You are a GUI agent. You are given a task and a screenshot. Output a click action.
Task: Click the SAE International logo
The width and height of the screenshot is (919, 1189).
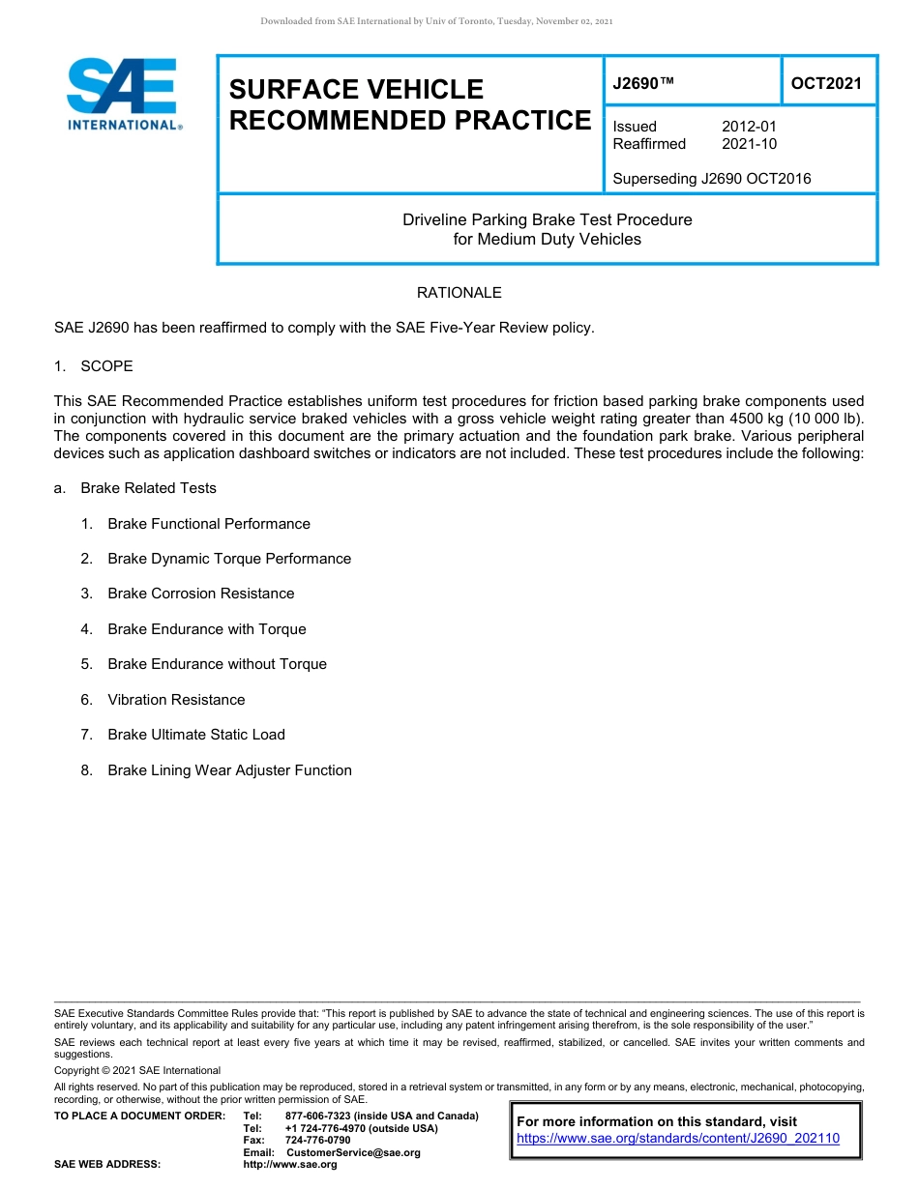pyautogui.click(x=124, y=95)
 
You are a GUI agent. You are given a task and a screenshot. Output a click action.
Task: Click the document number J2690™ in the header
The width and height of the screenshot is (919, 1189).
pyautogui.click(x=643, y=83)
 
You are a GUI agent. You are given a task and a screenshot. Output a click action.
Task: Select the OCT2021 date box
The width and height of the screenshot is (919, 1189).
pyautogui.click(x=826, y=83)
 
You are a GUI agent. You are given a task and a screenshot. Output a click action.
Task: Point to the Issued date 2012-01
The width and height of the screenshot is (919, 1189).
pyautogui.click(x=749, y=127)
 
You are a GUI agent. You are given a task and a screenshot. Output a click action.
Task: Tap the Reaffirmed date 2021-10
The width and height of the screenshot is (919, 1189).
pyautogui.click(x=749, y=144)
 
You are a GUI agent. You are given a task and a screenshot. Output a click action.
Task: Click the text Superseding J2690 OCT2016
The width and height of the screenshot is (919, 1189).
pyautogui.click(x=711, y=178)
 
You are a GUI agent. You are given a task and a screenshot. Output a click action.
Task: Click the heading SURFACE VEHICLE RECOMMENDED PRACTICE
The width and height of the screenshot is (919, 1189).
pyautogui.click(x=409, y=104)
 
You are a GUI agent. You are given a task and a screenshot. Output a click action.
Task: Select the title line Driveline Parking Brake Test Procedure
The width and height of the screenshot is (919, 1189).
pyautogui.click(x=547, y=219)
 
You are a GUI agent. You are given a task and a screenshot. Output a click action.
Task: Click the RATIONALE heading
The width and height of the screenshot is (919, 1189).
pyautogui.click(x=459, y=292)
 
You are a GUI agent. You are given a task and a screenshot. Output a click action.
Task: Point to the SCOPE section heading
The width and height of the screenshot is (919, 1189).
pyautogui.click(x=106, y=366)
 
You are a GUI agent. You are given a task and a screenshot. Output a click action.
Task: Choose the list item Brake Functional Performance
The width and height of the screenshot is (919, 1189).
pyautogui.click(x=208, y=524)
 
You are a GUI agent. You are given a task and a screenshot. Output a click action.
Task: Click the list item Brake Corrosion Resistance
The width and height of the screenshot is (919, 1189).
pyautogui.click(x=200, y=594)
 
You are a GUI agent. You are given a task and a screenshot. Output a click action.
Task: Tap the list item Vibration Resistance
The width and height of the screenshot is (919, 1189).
pyautogui.click(x=176, y=700)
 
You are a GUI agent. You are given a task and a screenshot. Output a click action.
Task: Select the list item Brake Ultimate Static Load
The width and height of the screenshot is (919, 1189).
pyautogui.click(x=196, y=735)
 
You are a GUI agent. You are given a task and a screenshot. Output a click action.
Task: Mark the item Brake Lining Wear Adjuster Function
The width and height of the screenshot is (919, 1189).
pyautogui.click(x=229, y=770)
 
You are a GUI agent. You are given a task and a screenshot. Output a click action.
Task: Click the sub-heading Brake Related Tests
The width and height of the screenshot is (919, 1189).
pyautogui.click(x=148, y=488)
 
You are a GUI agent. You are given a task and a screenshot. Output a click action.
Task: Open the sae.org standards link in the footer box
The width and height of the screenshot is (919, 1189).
pyautogui.click(x=678, y=1139)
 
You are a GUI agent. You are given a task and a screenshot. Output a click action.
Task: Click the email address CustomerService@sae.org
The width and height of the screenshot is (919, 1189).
pyautogui.click(x=353, y=1152)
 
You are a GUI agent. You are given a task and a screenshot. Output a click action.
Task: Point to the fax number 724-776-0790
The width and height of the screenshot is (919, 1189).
pyautogui.click(x=317, y=1141)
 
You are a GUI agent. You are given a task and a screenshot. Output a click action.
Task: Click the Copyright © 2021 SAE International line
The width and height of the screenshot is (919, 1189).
pyautogui.click(x=137, y=1070)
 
